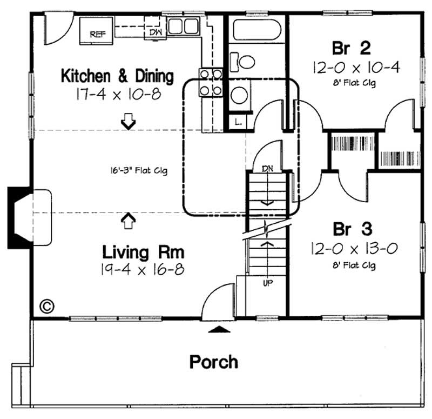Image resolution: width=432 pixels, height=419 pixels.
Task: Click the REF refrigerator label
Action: click(97, 34)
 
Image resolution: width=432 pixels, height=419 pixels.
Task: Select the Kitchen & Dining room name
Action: click(117, 76)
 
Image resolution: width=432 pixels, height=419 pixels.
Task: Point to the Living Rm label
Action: click(143, 252)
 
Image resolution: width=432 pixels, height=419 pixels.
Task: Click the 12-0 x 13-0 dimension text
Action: click(354, 248)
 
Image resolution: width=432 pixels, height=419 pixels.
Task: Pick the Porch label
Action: click(213, 362)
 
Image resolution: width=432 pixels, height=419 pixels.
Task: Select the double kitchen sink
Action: click(184, 25)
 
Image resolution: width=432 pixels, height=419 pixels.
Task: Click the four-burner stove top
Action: click(211, 82)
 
